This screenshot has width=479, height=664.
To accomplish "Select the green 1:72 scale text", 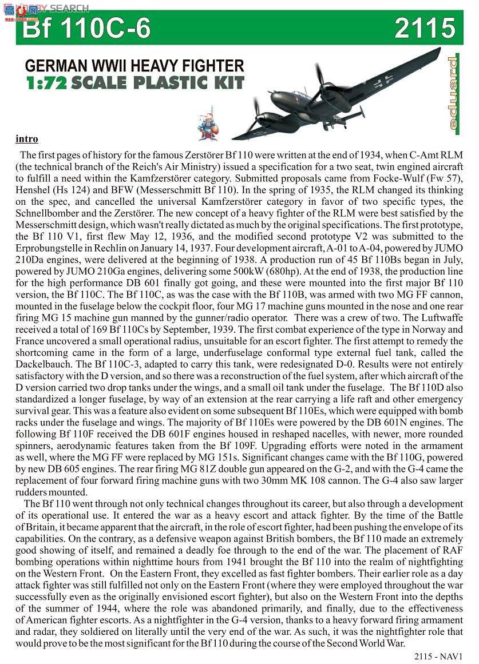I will click(x=46, y=83).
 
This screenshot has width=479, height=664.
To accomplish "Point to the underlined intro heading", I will click(x=27, y=139).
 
